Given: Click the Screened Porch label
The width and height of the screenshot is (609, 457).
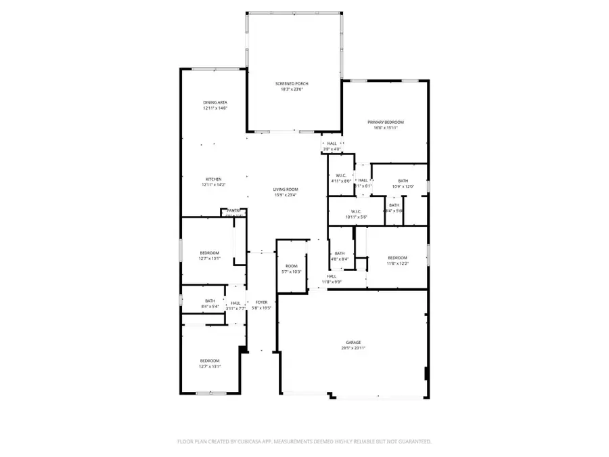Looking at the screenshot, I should [x=292, y=83].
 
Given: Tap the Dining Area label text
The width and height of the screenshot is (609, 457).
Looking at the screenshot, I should [x=215, y=102].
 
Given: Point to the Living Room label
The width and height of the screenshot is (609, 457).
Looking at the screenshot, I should [x=286, y=190].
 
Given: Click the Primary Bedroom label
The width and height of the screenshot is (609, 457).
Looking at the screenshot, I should [x=381, y=122].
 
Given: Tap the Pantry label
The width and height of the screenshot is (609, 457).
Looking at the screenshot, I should [x=233, y=211].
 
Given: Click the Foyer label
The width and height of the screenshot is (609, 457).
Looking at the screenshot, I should [x=261, y=302].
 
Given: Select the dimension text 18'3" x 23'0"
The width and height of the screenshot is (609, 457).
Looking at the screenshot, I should [x=292, y=89].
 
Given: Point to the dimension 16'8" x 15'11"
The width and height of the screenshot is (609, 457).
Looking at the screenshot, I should [x=381, y=128].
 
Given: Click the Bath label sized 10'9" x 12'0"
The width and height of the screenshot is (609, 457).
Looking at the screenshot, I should [x=403, y=181].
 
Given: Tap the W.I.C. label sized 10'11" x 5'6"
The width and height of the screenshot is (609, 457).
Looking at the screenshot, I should [x=340, y=211].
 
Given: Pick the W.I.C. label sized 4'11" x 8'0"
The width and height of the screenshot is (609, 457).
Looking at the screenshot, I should [x=341, y=175].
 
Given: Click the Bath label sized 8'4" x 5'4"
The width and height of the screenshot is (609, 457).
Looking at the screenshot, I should [x=210, y=301].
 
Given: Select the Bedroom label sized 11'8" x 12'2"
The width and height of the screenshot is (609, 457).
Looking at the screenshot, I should [x=397, y=257].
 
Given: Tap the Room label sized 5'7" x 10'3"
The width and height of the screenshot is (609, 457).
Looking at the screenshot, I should [x=292, y=266].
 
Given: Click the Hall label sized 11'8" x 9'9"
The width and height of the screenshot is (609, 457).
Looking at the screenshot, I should [x=332, y=276].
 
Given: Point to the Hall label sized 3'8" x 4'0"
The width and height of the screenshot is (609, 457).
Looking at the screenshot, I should [x=332, y=144].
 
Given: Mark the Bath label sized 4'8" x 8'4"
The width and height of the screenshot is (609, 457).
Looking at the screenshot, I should [x=340, y=253].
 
